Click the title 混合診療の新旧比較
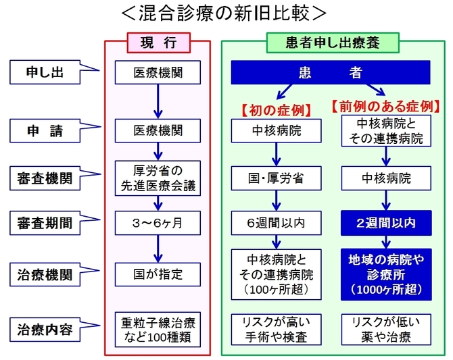point(224,13)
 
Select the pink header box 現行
point(159,43)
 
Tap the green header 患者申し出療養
point(333,43)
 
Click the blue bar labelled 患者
point(331,72)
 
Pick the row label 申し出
point(45,72)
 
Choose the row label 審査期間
point(45,223)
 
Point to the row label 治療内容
point(45,330)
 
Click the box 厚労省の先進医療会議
point(158,178)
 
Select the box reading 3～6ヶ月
point(158,223)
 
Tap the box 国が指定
point(158,274)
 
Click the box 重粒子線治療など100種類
point(158,330)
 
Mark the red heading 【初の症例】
point(276,110)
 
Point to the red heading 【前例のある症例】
point(385,107)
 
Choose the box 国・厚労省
point(276,178)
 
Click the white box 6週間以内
point(276,223)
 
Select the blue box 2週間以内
point(386,223)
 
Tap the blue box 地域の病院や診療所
point(386,274)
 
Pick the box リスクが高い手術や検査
point(276,330)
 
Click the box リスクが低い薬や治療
point(386,330)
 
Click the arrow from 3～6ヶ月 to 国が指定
point(158,249)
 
